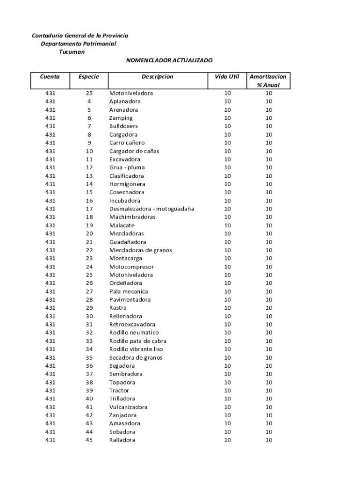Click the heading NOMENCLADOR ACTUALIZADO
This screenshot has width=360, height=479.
169,60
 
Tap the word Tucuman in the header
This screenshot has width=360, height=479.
72,52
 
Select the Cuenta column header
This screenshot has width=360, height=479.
50,76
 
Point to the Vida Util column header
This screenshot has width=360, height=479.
227,76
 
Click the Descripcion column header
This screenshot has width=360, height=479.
157,76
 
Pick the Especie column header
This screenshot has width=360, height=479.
89,76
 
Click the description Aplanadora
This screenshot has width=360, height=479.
125,102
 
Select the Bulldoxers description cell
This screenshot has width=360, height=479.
123,126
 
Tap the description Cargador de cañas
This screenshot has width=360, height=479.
134,151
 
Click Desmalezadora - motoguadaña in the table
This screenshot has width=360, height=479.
151,209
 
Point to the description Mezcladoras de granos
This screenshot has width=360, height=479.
140,250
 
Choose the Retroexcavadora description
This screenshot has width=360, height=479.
132,325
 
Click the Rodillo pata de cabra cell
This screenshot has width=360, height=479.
138,341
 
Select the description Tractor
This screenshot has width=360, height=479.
119,391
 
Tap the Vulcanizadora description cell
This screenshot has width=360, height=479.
128,407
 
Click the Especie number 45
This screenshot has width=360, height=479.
89,440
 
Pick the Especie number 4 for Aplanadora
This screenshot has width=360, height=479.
89,102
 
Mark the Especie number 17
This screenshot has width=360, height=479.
89,209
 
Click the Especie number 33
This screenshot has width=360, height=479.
89,341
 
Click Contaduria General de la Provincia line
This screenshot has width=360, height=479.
80,36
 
